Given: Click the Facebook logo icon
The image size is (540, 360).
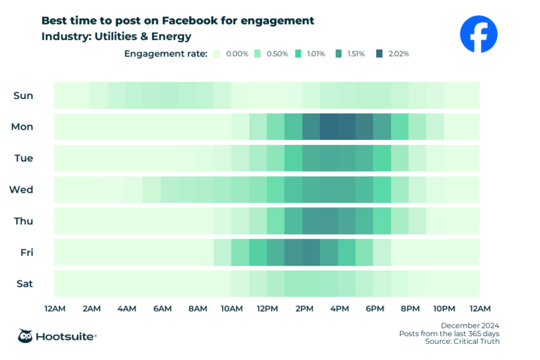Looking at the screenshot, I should [x=478, y=34].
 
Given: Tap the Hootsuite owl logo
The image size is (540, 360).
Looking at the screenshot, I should [x=27, y=336].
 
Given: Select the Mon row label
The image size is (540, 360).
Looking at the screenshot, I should [x=23, y=127].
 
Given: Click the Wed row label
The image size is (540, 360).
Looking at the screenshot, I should [x=22, y=189].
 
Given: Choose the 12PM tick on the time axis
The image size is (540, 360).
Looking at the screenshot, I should [x=267, y=309].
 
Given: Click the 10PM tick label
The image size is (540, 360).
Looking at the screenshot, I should [x=444, y=309].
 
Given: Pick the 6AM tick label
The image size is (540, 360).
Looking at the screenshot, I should [x=162, y=309].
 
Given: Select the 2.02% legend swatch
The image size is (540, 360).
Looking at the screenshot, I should [x=380, y=53].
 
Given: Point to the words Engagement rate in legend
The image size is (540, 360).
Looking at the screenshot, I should [x=166, y=53].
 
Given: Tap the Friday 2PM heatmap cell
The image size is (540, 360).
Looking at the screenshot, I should [x=311, y=252].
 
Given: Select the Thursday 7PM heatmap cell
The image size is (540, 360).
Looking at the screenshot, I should [x=399, y=221].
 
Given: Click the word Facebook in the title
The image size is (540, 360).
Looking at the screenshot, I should [x=213, y=20].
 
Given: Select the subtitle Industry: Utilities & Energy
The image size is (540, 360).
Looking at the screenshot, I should [x=117, y=37].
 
